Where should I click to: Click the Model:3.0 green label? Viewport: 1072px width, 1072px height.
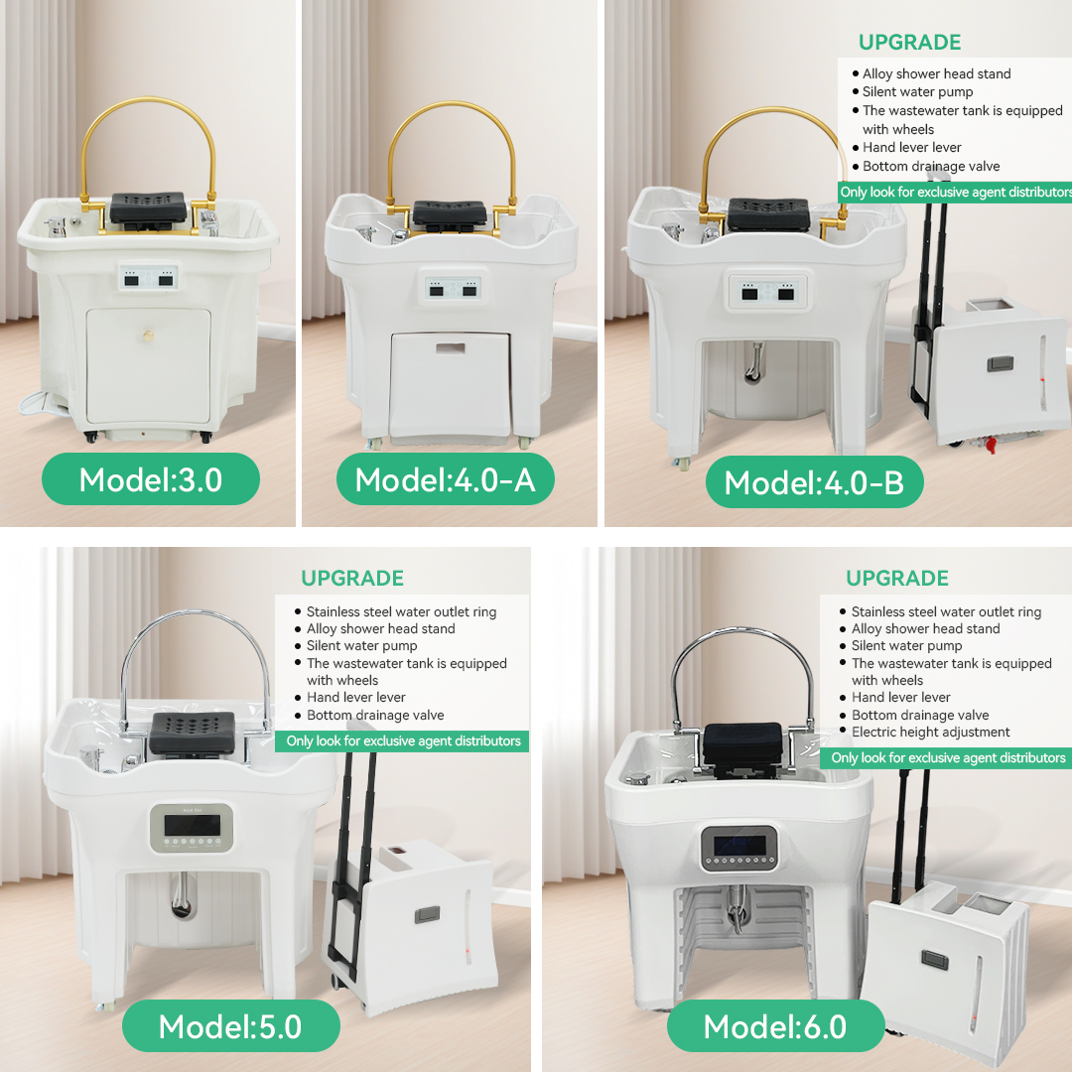click(151, 479)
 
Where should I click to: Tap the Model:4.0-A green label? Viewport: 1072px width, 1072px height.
click(445, 479)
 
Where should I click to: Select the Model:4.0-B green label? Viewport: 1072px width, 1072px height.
click(814, 482)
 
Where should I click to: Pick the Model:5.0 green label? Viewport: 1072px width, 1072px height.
click(230, 1026)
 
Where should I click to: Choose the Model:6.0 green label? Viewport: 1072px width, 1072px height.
click(775, 1026)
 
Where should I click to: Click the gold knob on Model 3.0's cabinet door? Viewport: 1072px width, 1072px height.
click(148, 335)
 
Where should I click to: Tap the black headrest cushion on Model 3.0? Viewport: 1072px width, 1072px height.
click(148, 207)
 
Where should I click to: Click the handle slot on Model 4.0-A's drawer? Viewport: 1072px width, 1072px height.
click(450, 348)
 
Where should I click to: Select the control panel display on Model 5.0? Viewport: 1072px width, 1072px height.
click(193, 827)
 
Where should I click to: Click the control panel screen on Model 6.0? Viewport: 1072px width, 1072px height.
click(739, 845)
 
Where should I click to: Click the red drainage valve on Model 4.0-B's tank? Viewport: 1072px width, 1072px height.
click(989, 445)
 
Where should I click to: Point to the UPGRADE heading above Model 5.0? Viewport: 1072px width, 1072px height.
click(352, 579)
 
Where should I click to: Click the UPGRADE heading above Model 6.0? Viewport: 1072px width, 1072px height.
click(897, 579)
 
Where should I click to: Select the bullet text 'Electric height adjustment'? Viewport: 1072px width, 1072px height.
click(930, 733)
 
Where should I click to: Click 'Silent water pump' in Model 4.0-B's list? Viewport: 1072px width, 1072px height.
click(917, 92)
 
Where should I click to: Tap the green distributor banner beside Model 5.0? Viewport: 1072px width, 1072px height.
click(402, 741)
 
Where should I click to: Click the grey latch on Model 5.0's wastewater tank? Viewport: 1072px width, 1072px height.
click(427, 914)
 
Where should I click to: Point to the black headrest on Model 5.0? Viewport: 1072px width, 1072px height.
click(193, 735)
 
